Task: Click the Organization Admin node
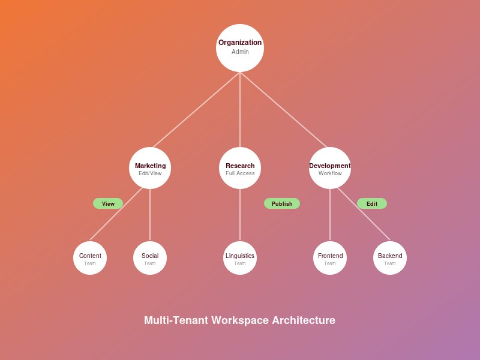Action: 240,48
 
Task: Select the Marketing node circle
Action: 150,168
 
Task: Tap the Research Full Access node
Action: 240,168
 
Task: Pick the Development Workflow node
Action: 330,168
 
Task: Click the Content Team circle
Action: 90,258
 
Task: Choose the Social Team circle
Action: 150,258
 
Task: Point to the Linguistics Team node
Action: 240,258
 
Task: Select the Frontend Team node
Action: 330,258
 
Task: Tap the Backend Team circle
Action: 390,258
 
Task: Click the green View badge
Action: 108,203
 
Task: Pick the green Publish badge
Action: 282,203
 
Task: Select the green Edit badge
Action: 372,203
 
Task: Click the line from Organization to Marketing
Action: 196,110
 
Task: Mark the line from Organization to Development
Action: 284,110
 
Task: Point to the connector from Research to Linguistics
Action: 240,215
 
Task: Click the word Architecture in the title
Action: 303,320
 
